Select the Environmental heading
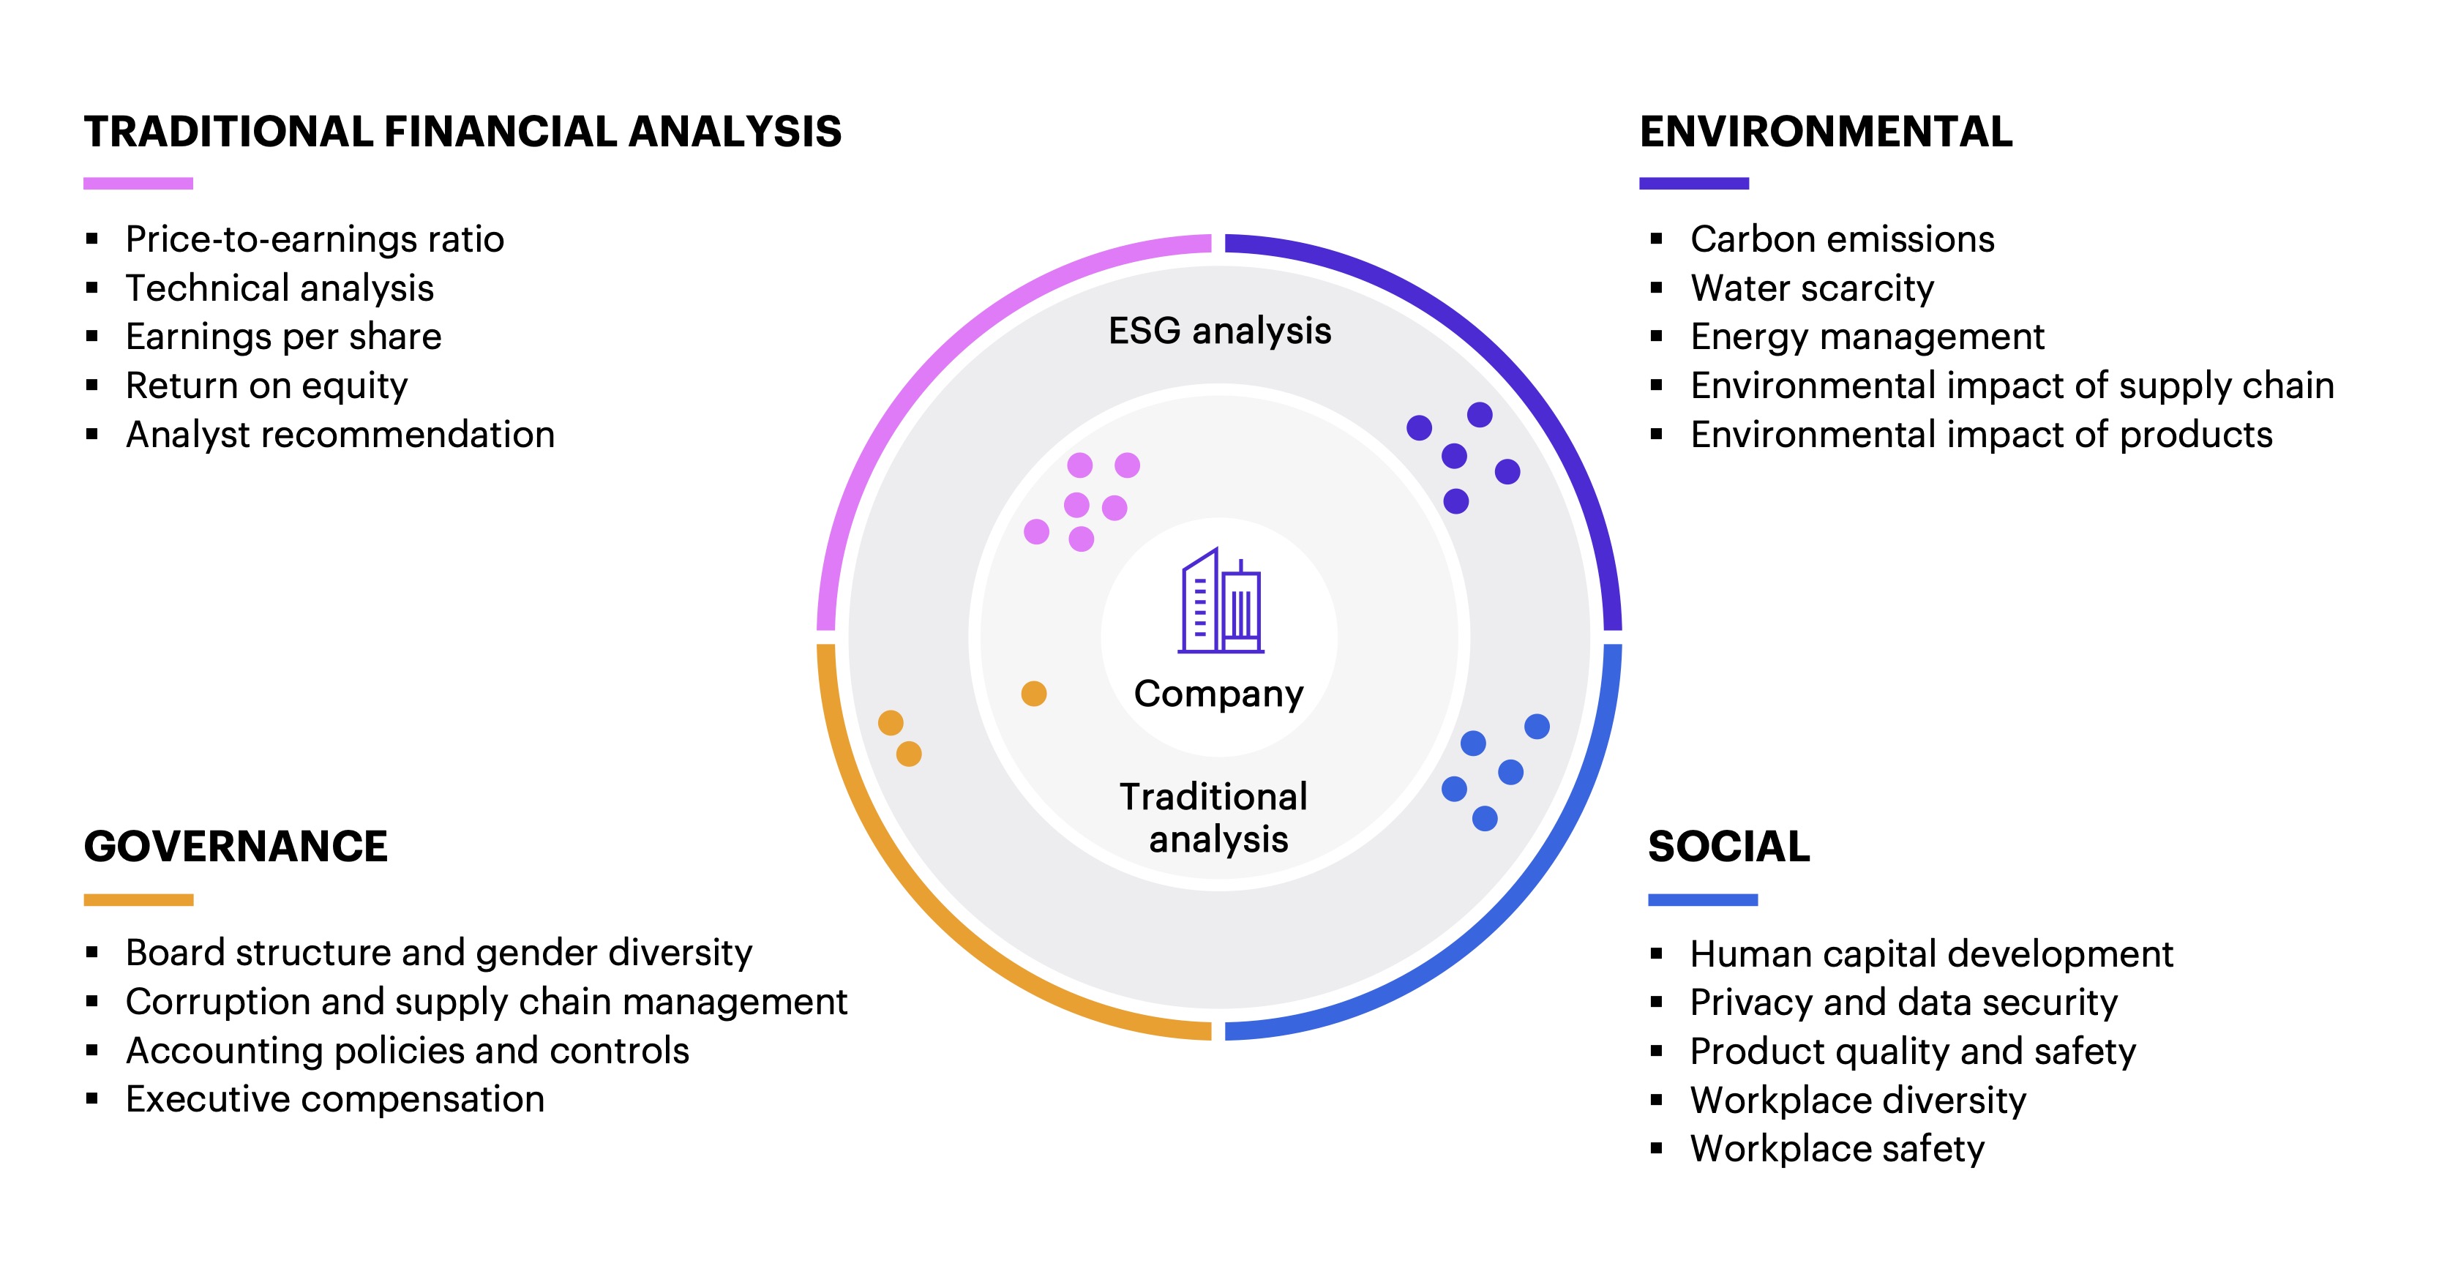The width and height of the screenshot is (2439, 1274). (x=1827, y=132)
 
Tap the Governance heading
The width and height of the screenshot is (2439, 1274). (x=236, y=846)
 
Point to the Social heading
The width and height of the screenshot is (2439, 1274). (x=1729, y=846)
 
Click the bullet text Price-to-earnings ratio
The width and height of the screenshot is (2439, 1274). (x=315, y=239)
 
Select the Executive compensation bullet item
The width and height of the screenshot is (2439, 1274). (x=335, y=1100)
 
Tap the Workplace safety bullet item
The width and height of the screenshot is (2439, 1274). (x=1837, y=1149)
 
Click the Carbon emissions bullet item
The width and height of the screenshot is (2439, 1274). (x=1843, y=239)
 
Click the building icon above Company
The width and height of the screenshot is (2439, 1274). (x=1221, y=600)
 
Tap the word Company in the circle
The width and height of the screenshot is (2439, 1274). (x=1218, y=694)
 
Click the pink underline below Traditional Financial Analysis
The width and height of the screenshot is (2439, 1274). (x=138, y=184)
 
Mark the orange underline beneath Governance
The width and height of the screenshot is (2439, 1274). (x=138, y=900)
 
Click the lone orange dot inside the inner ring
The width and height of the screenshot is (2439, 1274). (x=1034, y=694)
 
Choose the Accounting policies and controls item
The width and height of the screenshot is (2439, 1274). (x=407, y=1051)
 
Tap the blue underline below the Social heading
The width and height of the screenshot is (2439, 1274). (x=1702, y=900)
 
